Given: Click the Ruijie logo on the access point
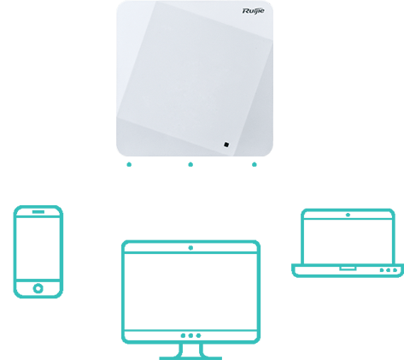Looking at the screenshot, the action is (x=253, y=11).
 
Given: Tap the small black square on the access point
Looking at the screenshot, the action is (x=226, y=145).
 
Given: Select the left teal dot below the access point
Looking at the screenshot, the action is (x=129, y=164).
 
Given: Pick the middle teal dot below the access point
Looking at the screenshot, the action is (x=190, y=164).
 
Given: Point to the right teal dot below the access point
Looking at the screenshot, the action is (x=255, y=164).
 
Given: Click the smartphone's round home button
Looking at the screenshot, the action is (x=38, y=288).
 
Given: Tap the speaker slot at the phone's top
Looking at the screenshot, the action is (x=38, y=212).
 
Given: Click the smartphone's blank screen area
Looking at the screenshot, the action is (x=38, y=248).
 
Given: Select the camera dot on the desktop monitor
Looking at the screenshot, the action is (x=190, y=248).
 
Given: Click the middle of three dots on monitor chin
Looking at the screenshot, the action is (x=190, y=335).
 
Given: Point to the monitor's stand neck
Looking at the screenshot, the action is (x=190, y=350).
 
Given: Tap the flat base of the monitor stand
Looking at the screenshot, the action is (x=190, y=358).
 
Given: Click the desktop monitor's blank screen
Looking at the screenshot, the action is (x=190, y=292).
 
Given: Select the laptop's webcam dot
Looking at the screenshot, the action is (x=348, y=215).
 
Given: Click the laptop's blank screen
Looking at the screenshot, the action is (x=348, y=242).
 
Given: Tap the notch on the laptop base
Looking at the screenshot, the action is (x=348, y=269).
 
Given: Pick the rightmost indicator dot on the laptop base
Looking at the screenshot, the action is (x=395, y=270).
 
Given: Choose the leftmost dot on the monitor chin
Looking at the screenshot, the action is (x=183, y=335).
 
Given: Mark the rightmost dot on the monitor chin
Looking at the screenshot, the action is (x=198, y=335).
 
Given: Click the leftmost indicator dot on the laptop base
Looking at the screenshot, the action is (x=382, y=270).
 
